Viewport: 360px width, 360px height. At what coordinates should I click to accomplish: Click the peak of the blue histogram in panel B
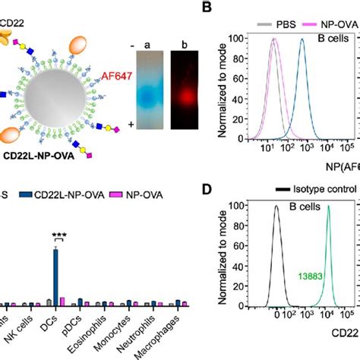click(302, 40)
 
